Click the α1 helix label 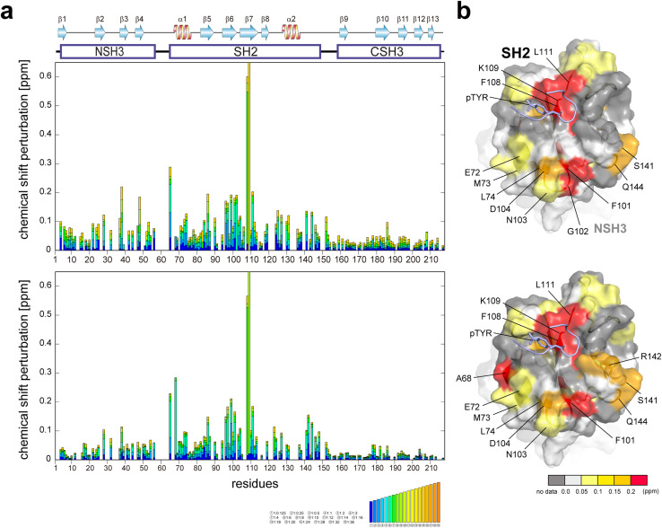pos(182,18)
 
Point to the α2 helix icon pos(291,32)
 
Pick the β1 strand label pos(62,18)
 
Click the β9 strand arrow pos(344,32)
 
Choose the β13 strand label pos(432,18)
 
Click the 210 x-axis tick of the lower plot pos(430,469)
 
